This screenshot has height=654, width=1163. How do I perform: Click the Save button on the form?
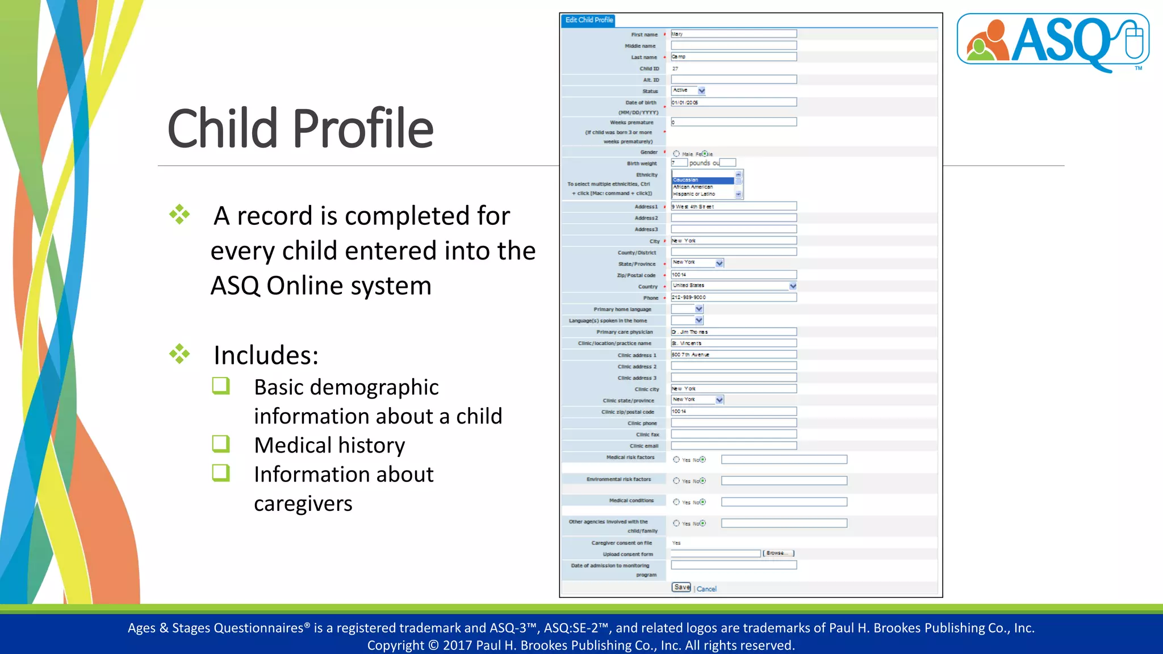click(681, 588)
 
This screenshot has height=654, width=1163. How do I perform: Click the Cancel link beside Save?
click(706, 589)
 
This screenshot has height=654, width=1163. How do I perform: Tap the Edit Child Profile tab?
click(589, 20)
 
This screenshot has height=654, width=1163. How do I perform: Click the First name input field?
click(733, 34)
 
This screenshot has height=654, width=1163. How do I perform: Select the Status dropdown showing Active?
click(688, 91)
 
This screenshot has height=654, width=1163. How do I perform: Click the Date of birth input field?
click(733, 102)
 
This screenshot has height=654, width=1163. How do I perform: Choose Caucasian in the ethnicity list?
click(702, 180)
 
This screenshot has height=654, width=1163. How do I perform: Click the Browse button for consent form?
click(778, 554)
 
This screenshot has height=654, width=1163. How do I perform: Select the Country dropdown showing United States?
click(733, 286)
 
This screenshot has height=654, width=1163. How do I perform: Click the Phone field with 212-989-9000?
click(733, 297)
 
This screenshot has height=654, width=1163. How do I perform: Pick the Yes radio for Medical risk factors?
click(676, 460)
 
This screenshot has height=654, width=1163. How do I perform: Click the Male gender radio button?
click(676, 154)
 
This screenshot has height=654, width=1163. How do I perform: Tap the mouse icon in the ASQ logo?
click(1133, 40)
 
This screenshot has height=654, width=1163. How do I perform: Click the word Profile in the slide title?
click(363, 129)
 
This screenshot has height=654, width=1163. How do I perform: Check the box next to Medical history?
click(221, 444)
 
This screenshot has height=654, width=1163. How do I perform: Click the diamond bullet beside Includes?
click(179, 354)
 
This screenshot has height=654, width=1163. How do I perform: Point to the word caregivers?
click(303, 504)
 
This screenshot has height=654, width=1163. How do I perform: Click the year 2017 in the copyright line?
click(458, 645)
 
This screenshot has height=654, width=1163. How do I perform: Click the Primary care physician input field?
click(733, 332)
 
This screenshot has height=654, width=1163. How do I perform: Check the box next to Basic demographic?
click(221, 386)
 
